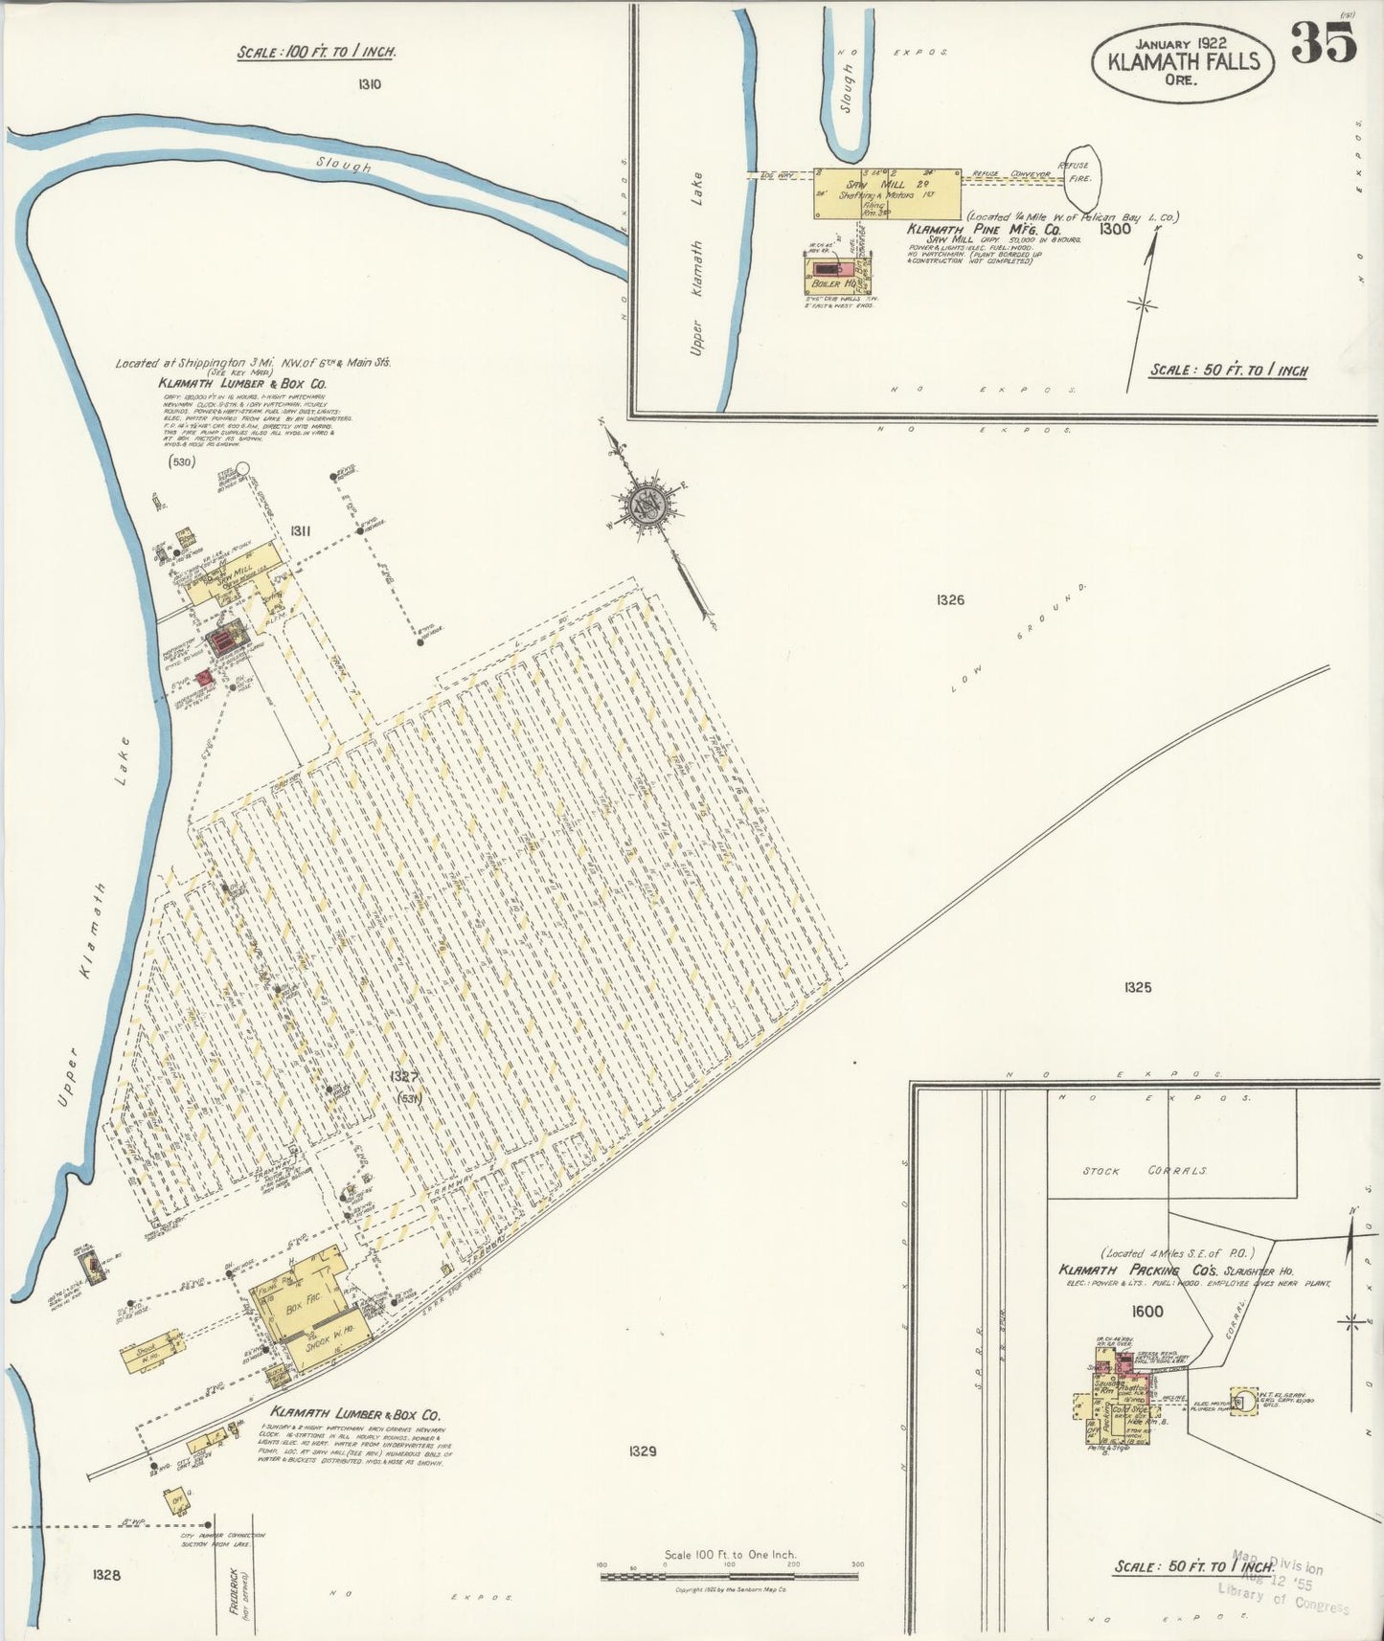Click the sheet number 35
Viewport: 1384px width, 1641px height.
1324,42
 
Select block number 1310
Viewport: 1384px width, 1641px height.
370,84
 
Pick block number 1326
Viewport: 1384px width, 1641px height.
950,600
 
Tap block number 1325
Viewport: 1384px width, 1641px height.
1137,987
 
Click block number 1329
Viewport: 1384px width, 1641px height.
642,1451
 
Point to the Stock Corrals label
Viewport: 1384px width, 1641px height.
1145,1171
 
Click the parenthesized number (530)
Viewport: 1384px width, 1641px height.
180,462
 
